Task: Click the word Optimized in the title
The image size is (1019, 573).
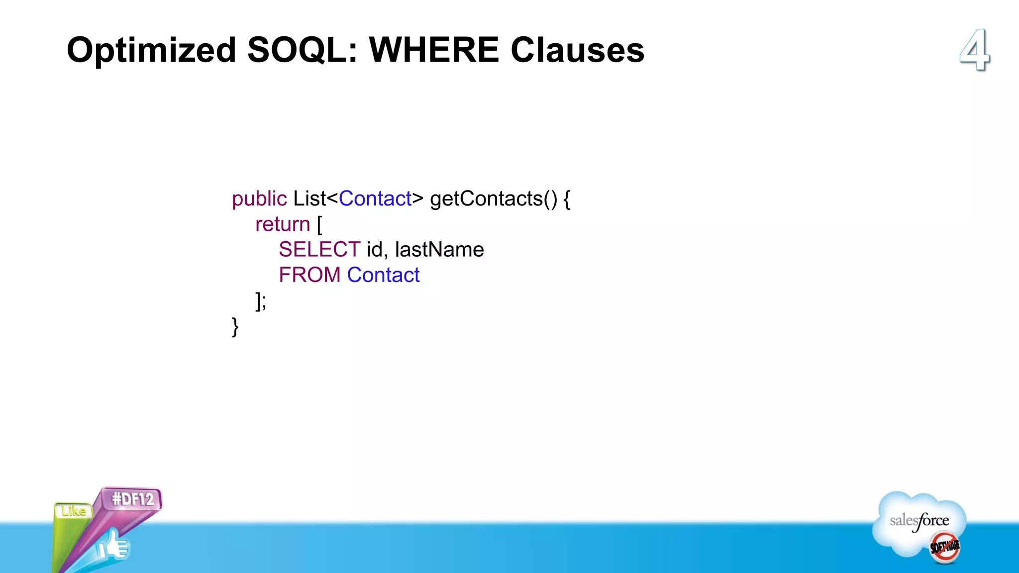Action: coord(151,50)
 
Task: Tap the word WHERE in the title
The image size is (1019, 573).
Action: coord(433,50)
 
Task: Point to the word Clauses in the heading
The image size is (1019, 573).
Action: coord(577,50)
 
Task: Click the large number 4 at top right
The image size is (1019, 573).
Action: coord(975,50)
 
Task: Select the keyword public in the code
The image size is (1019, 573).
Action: coord(259,199)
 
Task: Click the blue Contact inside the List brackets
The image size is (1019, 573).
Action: coord(375,199)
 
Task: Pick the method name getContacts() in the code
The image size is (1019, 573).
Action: coord(494,199)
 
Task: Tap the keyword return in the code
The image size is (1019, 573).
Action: coord(283,224)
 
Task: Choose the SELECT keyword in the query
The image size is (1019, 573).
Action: coord(319,250)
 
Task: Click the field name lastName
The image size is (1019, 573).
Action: coord(439,250)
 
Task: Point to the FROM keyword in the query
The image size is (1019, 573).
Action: coord(309,275)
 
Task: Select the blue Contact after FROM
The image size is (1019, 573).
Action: coord(383,275)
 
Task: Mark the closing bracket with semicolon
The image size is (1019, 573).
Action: coord(261,301)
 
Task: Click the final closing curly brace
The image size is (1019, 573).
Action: coord(235,327)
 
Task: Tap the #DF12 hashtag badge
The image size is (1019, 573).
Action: coord(133,499)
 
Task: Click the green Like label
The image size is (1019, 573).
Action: coord(74,511)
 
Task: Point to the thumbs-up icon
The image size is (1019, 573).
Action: coord(113,546)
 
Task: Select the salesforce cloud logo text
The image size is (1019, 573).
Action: coord(919,521)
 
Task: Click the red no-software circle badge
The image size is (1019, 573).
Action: coord(945,547)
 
